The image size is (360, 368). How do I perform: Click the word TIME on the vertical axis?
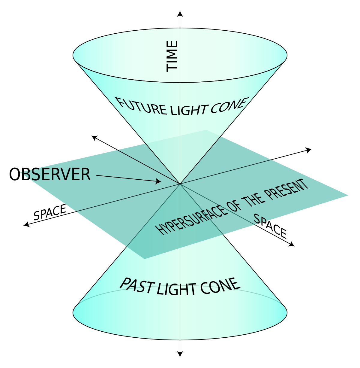tap(172, 56)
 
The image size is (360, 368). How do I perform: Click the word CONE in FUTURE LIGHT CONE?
tap(228, 106)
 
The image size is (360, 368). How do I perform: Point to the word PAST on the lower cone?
tap(137, 285)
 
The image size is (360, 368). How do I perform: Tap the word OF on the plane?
tap(236, 209)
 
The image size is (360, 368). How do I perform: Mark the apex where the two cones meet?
tap(180, 184)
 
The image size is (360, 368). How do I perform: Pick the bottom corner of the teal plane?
tap(145, 259)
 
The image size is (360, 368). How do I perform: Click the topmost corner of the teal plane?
tap(206, 130)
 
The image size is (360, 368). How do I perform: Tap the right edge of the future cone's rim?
tap(286, 55)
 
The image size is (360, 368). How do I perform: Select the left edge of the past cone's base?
tap(74, 312)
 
